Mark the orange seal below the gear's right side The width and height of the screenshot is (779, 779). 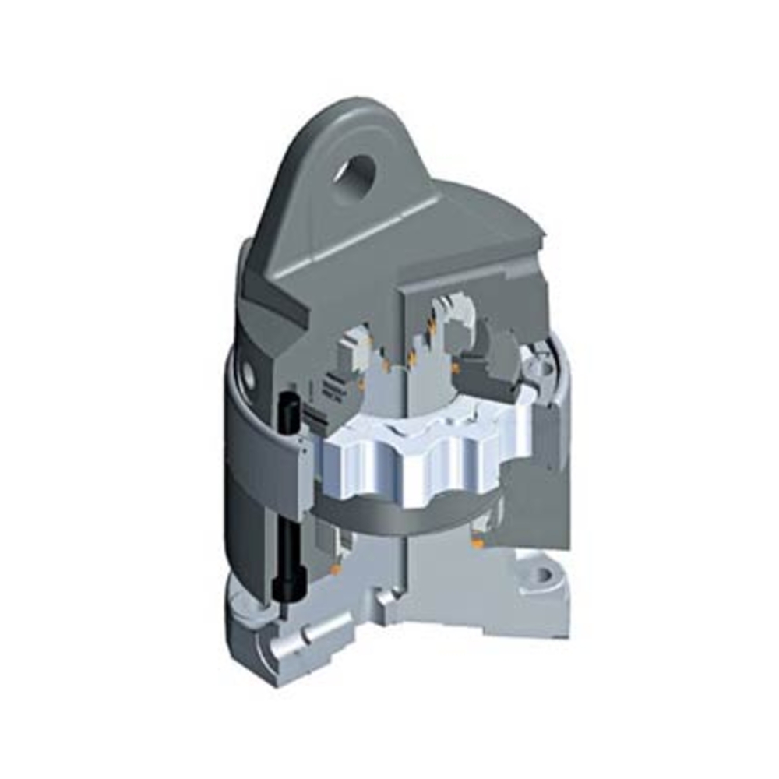click(477, 538)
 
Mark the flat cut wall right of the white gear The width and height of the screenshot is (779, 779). click(538, 499)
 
